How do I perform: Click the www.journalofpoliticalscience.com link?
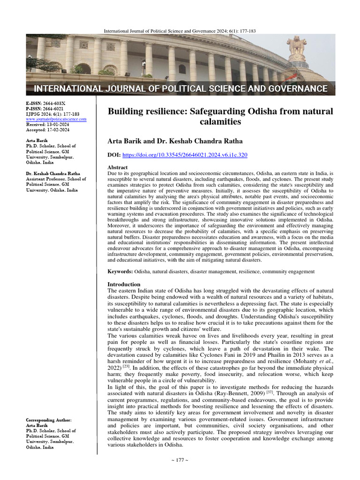(56, 120)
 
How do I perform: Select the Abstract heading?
(118, 167)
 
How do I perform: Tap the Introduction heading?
(124, 284)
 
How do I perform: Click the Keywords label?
(120, 271)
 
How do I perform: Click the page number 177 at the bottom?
(180, 473)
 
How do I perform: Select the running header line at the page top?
(179, 31)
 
